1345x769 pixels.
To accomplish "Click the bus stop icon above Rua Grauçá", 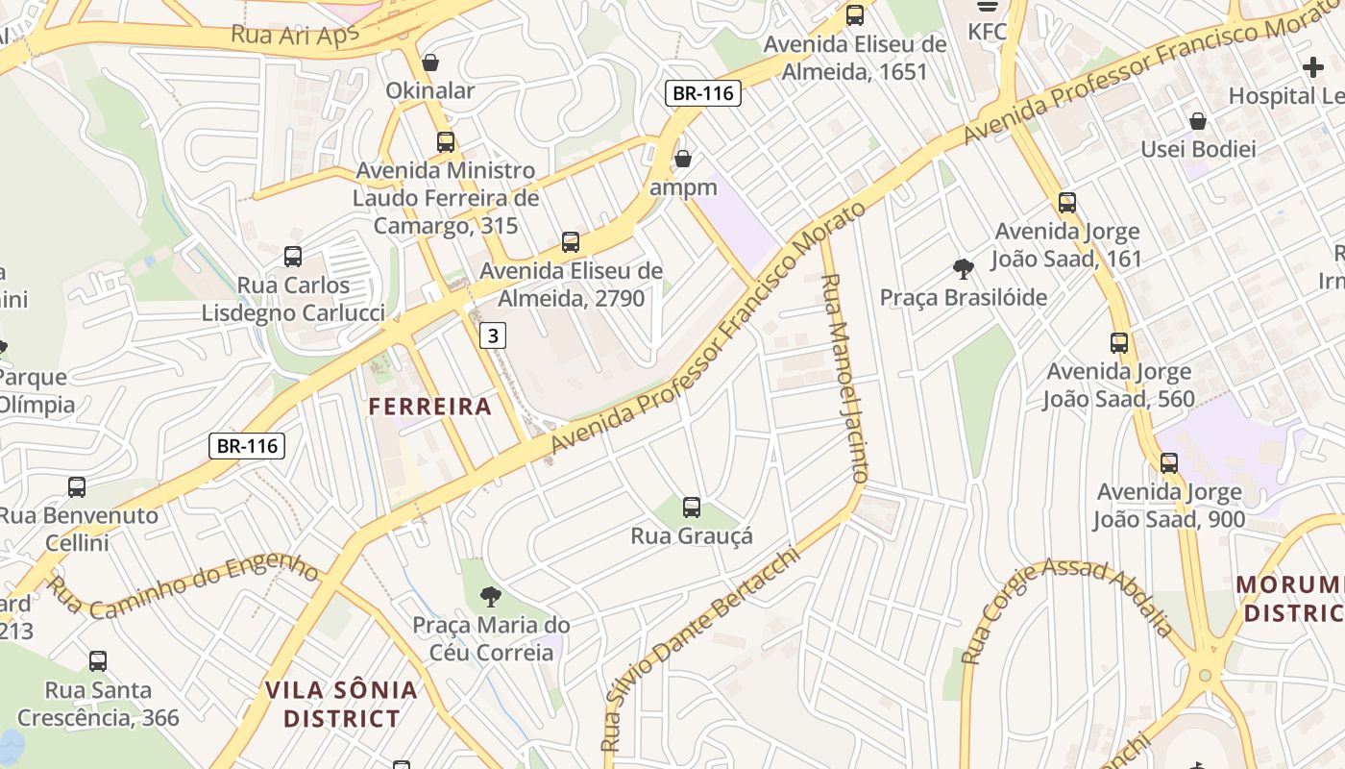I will pyautogui.click(x=691, y=508).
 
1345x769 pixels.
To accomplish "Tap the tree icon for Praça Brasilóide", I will pyautogui.click(x=963, y=269).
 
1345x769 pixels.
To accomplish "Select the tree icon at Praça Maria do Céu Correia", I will pyautogui.click(x=491, y=597).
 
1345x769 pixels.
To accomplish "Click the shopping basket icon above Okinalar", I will pyautogui.click(x=430, y=62).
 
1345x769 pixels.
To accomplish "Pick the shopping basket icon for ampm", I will pyautogui.click(x=683, y=159).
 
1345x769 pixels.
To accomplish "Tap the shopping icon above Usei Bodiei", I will pyautogui.click(x=1198, y=121).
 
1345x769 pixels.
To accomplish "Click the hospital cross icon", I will pyautogui.click(x=1312, y=67).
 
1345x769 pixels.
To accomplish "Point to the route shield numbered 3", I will pyautogui.click(x=493, y=335).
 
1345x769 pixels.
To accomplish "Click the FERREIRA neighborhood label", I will pyautogui.click(x=430, y=407).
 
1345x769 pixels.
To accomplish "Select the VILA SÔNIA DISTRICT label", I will pyautogui.click(x=342, y=704).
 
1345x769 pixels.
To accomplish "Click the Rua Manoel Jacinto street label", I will pyautogui.click(x=844, y=378).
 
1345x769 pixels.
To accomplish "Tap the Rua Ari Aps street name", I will pyautogui.click(x=295, y=35).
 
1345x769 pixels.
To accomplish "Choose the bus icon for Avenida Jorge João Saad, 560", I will pyautogui.click(x=1119, y=343).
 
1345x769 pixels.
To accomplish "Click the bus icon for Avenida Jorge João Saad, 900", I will pyautogui.click(x=1169, y=463).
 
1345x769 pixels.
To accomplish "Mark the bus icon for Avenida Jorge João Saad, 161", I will pyautogui.click(x=1067, y=203).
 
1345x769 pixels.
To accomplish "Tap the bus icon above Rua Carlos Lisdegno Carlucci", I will pyautogui.click(x=293, y=257).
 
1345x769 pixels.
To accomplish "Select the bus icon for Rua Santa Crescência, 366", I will pyautogui.click(x=98, y=661).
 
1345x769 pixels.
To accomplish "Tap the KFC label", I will pyautogui.click(x=987, y=32).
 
